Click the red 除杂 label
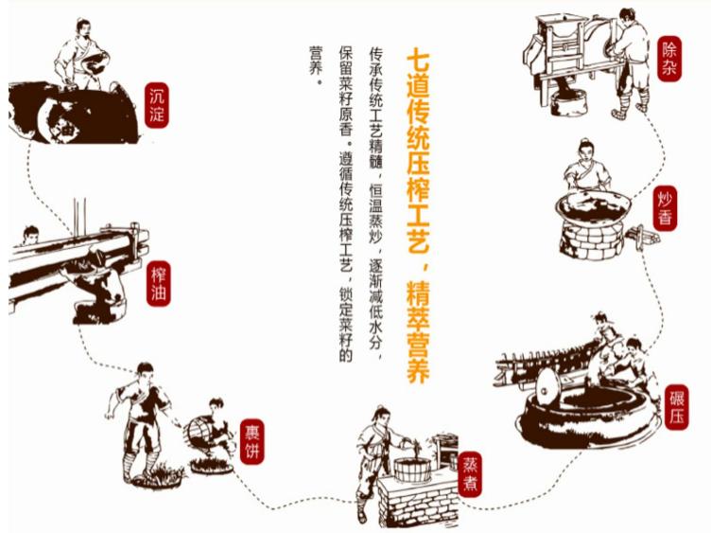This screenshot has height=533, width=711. [669, 60]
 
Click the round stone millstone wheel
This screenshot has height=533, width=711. [546, 386]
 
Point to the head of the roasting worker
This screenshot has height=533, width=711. [585, 149]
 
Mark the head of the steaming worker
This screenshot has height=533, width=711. [379, 415]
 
